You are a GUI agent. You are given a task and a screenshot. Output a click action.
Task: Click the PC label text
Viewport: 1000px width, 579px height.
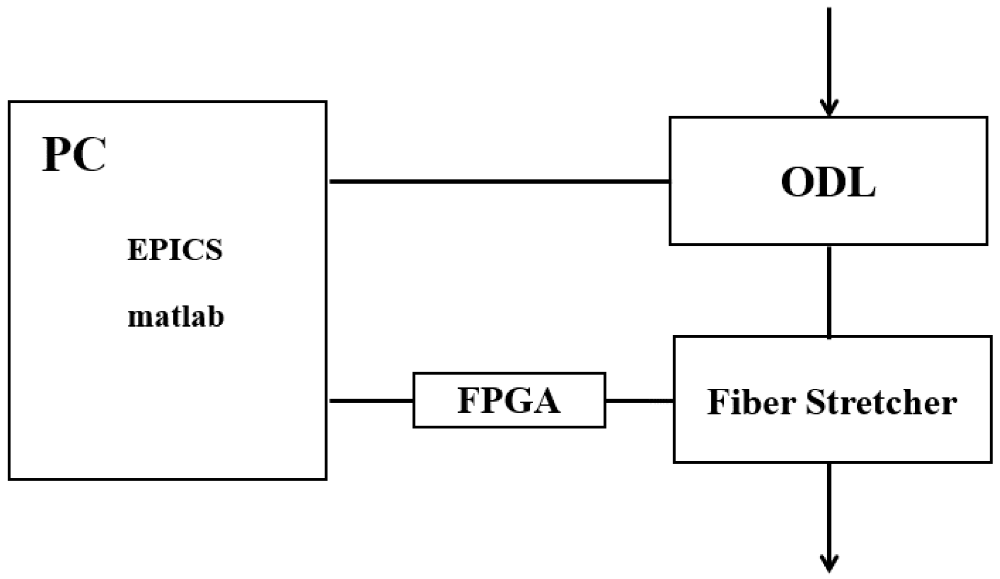coord(74,155)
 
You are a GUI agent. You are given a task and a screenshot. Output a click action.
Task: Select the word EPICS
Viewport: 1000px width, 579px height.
coord(175,250)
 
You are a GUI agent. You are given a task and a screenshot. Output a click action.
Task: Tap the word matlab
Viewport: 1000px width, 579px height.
coord(176,316)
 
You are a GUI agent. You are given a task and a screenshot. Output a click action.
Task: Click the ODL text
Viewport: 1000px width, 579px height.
coord(828,182)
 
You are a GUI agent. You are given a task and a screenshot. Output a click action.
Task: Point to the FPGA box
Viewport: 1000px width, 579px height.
coord(509,400)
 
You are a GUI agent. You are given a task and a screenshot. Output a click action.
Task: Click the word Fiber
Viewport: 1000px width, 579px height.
coord(752,403)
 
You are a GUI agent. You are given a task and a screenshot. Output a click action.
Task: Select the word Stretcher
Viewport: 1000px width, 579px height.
coord(881,403)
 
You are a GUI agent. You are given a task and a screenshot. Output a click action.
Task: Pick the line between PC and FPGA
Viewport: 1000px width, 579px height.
coord(370,401)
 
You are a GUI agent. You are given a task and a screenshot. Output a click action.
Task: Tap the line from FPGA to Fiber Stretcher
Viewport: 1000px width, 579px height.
coord(639,401)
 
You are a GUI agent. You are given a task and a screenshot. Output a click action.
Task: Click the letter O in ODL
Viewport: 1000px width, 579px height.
coord(798,182)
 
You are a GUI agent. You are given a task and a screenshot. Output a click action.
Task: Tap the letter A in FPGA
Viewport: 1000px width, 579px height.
coord(545,401)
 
